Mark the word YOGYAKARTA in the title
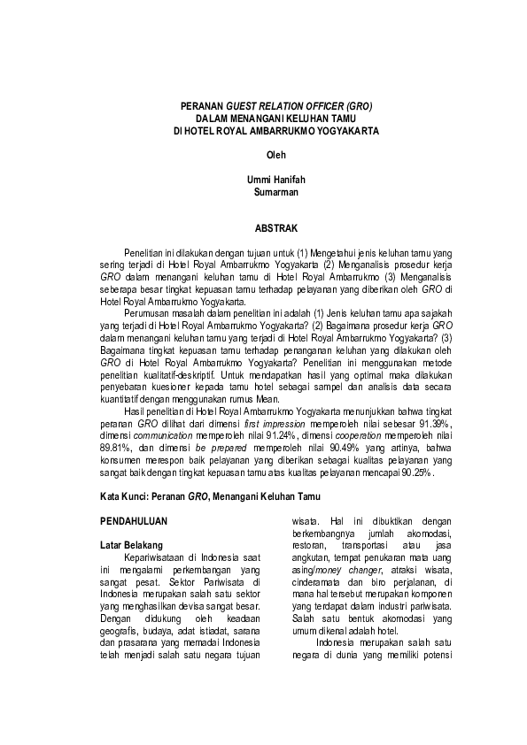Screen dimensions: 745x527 (x=344, y=130)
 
